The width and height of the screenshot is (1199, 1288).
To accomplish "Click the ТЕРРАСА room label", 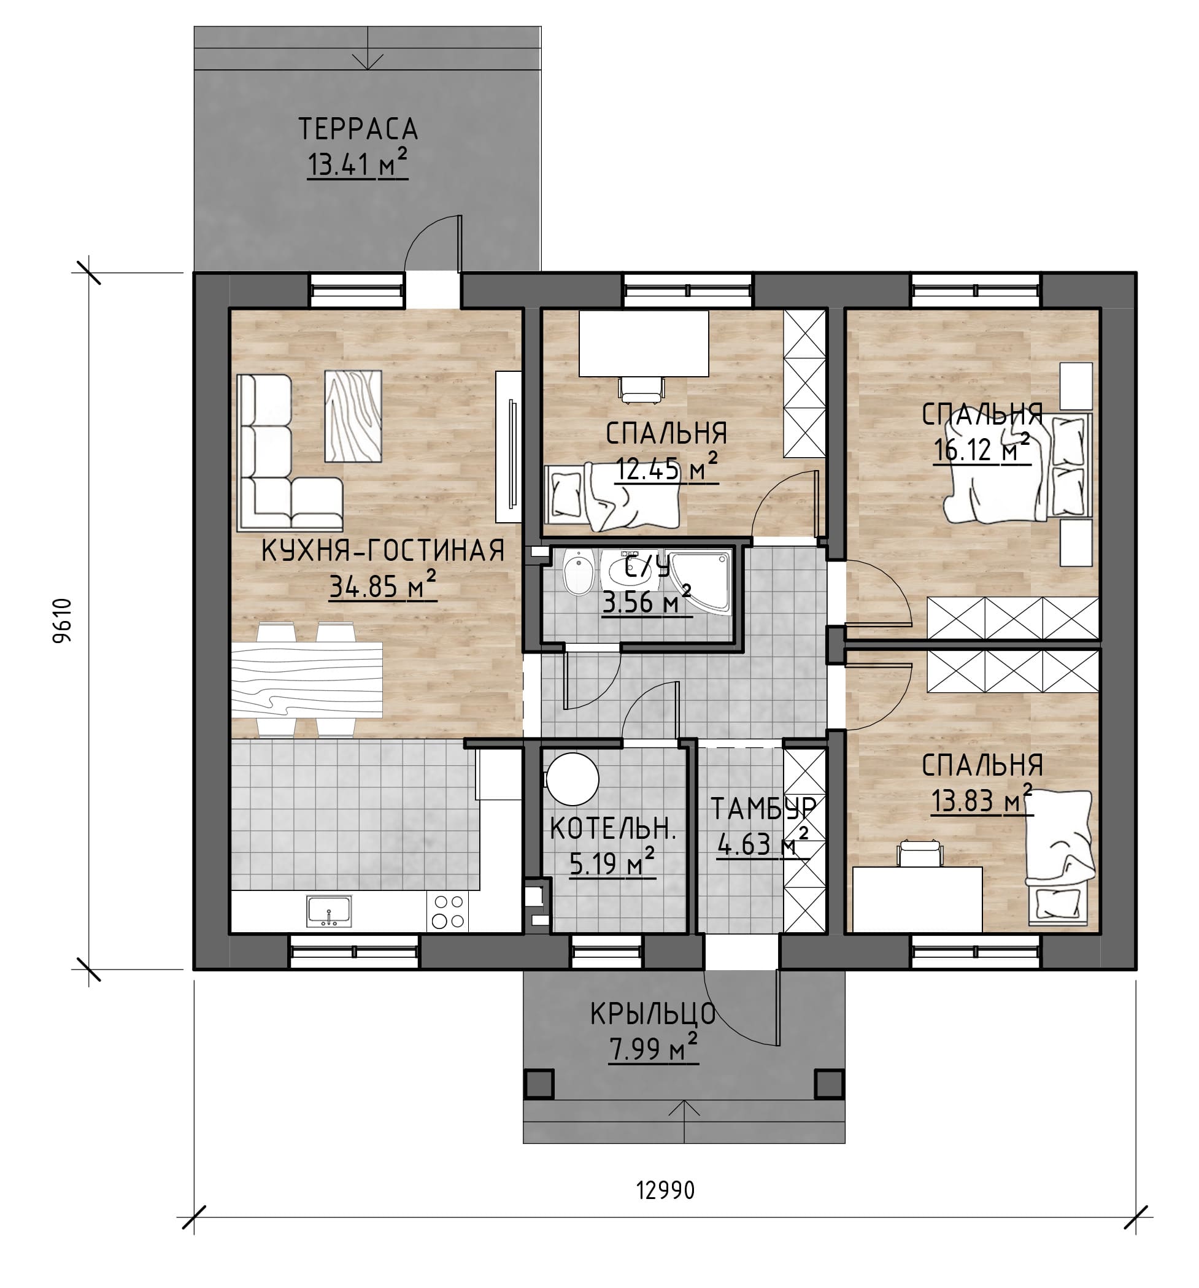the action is pyautogui.click(x=358, y=129).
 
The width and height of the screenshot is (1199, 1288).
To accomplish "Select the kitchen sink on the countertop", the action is pyautogui.click(x=329, y=911).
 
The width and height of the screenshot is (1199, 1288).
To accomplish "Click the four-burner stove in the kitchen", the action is pyautogui.click(x=447, y=912).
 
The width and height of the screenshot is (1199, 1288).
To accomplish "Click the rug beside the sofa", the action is pyautogui.click(x=352, y=416).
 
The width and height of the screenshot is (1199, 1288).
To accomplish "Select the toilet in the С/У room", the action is pyautogui.click(x=578, y=573).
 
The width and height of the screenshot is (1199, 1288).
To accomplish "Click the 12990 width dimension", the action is pyautogui.click(x=665, y=1190).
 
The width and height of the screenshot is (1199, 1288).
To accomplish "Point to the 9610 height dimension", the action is pyautogui.click(x=62, y=620).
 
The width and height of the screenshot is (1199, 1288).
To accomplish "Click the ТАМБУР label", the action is pyautogui.click(x=762, y=809).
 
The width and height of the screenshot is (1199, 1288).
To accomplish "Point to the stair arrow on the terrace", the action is pyautogui.click(x=368, y=47).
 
